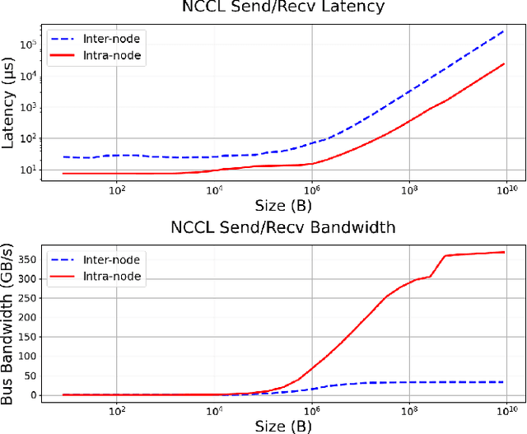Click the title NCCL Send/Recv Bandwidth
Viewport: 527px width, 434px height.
click(277, 226)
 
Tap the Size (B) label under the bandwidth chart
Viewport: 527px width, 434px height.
click(277, 425)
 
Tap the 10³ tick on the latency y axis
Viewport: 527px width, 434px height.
click(27, 107)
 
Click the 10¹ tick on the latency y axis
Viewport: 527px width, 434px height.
click(27, 170)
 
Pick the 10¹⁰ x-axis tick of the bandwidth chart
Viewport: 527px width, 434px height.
click(505, 409)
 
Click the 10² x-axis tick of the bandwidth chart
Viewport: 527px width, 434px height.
click(117, 409)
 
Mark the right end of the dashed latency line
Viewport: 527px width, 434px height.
click(504, 32)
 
